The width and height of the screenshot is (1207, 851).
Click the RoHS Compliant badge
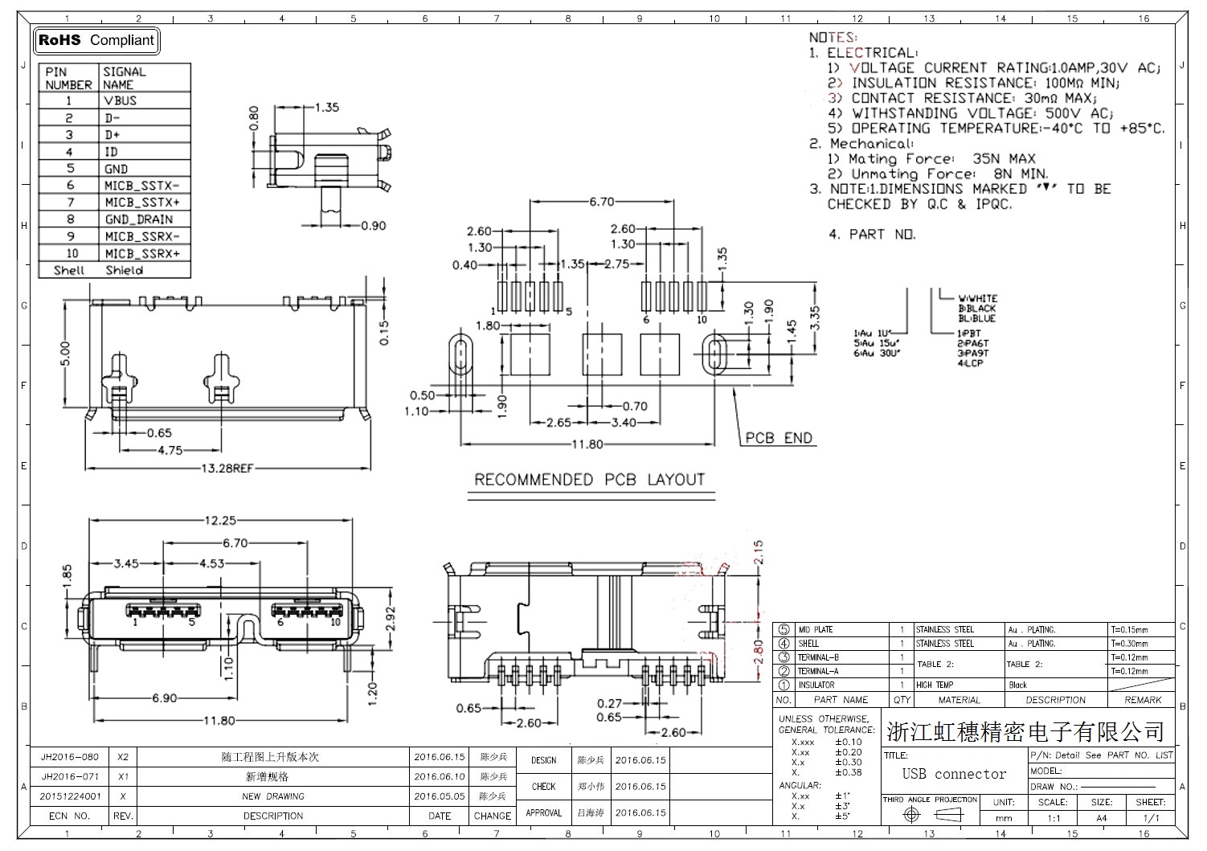[96, 40]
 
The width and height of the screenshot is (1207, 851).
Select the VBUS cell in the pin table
[120, 101]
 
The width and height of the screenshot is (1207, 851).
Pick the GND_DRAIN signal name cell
[138, 219]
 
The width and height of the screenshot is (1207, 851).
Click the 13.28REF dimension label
[227, 468]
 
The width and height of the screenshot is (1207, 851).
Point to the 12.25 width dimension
[219, 521]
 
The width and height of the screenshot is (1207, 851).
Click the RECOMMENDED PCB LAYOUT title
[589, 480]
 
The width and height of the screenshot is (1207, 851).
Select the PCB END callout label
[779, 438]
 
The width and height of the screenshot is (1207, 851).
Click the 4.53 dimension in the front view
[211, 563]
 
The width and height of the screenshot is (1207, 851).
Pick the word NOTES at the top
[833, 38]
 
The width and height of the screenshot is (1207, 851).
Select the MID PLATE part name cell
[816, 630]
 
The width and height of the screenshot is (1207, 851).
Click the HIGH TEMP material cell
[935, 685]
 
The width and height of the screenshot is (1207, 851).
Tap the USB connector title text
[954, 774]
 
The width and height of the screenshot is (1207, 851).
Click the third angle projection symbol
[930, 815]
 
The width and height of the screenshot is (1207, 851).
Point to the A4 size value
[1101, 818]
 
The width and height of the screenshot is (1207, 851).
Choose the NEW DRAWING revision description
[272, 796]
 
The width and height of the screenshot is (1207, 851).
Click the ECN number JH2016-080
[70, 757]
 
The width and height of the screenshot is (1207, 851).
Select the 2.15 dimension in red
[759, 553]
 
